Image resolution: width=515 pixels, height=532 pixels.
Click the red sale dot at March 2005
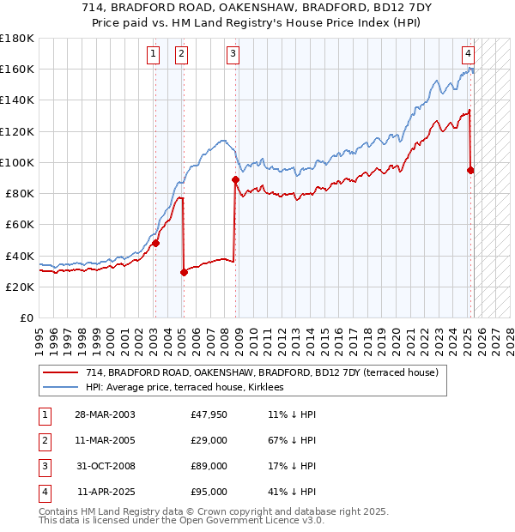[184, 273]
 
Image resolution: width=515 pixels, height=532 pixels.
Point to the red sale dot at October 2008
[235, 179]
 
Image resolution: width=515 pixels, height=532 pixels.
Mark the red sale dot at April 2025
[470, 170]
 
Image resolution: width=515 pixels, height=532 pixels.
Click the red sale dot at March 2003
[156, 243]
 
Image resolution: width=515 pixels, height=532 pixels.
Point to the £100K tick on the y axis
[17, 162]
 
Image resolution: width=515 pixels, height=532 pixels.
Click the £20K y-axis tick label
[20, 287]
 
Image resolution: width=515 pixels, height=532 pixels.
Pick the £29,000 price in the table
[209, 440]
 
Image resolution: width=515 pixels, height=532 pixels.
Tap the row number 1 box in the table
[43, 414]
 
